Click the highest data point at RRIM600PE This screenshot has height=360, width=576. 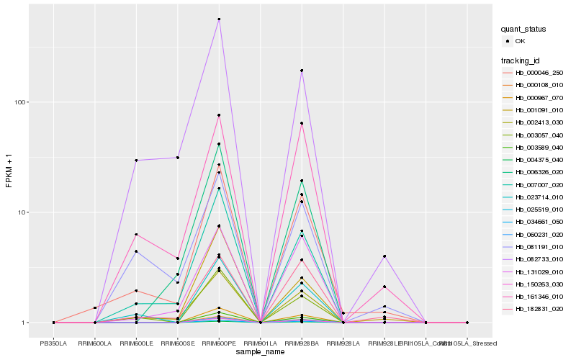tap(219, 19)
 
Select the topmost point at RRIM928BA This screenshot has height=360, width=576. tap(302, 71)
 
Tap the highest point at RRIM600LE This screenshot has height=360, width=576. tap(136, 160)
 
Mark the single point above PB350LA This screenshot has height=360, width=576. tap(53, 323)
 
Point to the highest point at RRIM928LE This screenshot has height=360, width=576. tap(384, 256)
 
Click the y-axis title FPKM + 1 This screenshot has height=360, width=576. tap(9, 171)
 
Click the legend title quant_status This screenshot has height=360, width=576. tap(524, 30)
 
